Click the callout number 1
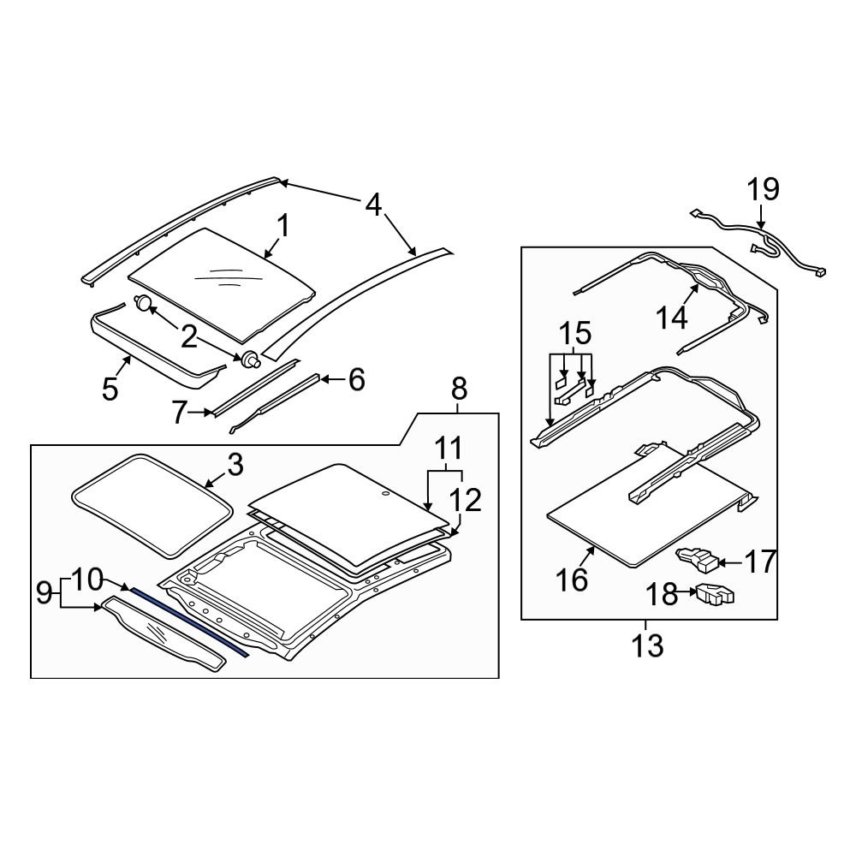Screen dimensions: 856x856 click(x=282, y=228)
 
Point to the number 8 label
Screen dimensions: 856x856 click(x=460, y=389)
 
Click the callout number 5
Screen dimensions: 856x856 click(x=110, y=389)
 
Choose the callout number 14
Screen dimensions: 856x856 click(x=672, y=318)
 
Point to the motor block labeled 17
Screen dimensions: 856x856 click(x=698, y=559)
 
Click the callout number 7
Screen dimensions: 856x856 click(x=177, y=413)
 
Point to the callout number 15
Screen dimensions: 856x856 click(x=574, y=333)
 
